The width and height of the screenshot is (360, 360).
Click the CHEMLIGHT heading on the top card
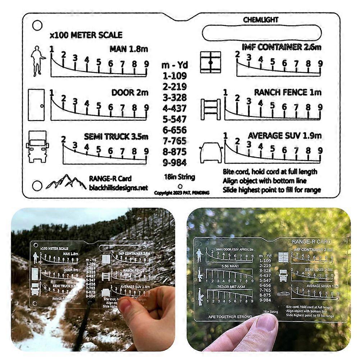pos(260,20)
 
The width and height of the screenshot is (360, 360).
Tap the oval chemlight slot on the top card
pos(261,33)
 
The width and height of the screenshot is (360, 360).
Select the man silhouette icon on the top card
pos(38,61)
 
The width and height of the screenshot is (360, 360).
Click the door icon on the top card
pos(36,105)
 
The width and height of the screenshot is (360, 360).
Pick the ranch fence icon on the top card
pos(210,106)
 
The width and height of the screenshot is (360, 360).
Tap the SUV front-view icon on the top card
pos(211,152)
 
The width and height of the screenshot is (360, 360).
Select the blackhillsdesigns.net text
pos(118,187)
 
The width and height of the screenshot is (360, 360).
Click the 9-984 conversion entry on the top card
pos(174,163)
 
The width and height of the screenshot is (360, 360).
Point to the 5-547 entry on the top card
pos(174,119)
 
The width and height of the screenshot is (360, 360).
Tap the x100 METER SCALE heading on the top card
pos(86,35)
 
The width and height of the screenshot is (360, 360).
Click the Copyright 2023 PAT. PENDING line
pos(182,193)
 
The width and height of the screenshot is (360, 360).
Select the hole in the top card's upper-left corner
pos(37,25)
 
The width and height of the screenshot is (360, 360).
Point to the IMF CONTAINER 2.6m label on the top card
pos(281,47)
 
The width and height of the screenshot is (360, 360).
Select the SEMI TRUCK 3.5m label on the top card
pos(116,137)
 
